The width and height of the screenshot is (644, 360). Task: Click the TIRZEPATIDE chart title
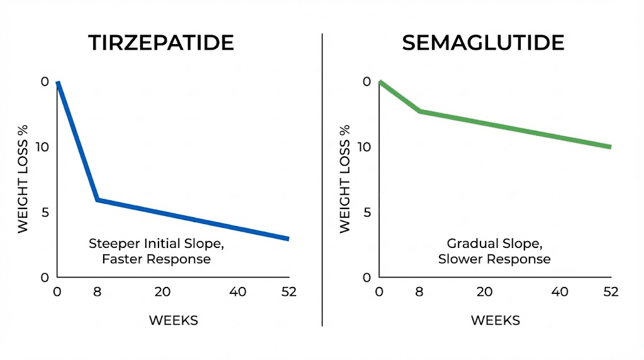(x=161, y=43)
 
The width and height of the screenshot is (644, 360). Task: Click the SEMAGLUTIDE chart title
(x=483, y=43)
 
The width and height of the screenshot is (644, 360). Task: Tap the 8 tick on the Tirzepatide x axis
(x=97, y=292)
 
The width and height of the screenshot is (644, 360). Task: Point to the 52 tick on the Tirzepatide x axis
(x=289, y=292)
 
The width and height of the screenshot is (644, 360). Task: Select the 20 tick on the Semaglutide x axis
(x=484, y=292)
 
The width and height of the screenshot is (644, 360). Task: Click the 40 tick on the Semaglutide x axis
(x=560, y=292)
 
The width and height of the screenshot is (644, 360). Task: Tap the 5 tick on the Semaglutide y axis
(x=366, y=212)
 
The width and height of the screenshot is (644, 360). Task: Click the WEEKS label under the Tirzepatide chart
(x=174, y=320)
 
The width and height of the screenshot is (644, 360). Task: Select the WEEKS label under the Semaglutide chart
(x=496, y=320)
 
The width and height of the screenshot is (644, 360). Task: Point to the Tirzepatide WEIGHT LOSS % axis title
(x=23, y=179)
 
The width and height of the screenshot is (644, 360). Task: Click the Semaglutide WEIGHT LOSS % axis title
(x=345, y=179)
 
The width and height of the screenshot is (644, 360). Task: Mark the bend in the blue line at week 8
(x=97, y=200)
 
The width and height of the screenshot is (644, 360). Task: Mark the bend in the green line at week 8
(x=419, y=111)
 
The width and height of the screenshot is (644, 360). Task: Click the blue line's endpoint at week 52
(x=288, y=239)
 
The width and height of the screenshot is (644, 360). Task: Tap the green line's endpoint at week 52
(x=610, y=147)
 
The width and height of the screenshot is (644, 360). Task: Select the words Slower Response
(x=494, y=259)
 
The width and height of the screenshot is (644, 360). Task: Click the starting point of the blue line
(x=58, y=82)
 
